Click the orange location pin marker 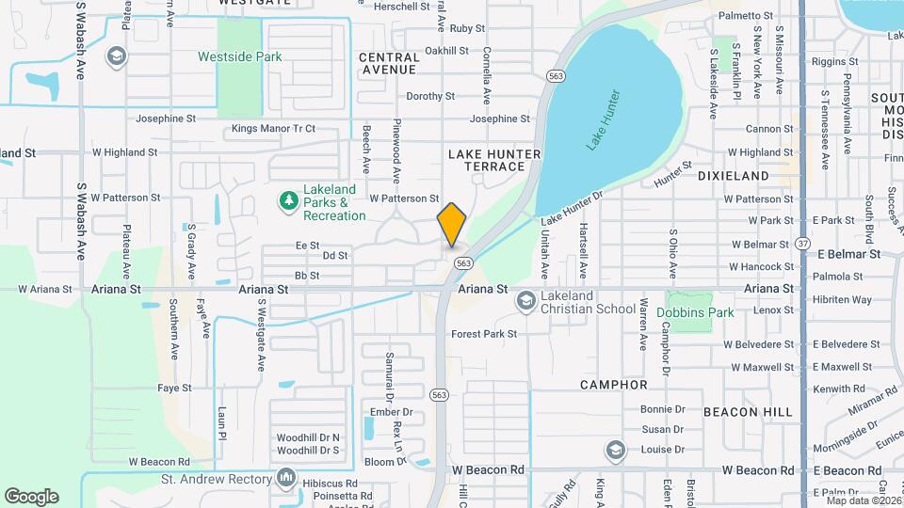pyautogui.click(x=452, y=224)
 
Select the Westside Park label pyautogui.click(x=239, y=56)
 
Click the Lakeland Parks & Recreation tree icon pyautogui.click(x=288, y=199)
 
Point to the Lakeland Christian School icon pyautogui.click(x=525, y=301)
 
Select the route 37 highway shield pyautogui.click(x=802, y=243)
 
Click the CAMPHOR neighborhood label pyautogui.click(x=614, y=385)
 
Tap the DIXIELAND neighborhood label pyautogui.click(x=734, y=176)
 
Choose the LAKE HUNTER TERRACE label pyautogui.click(x=494, y=160)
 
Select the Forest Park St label pyautogui.click(x=484, y=334)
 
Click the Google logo pyautogui.click(x=31, y=497)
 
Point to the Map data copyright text pyautogui.click(x=860, y=500)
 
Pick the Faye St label pyautogui.click(x=174, y=388)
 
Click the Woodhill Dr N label pyautogui.click(x=308, y=438)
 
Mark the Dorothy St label pyautogui.click(x=430, y=96)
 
